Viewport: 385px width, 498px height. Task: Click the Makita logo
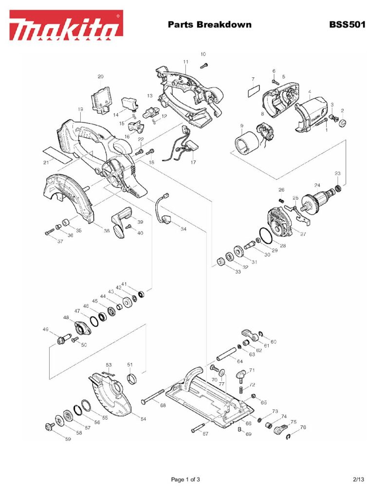coord(66,25)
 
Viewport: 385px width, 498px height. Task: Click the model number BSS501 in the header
coord(347,24)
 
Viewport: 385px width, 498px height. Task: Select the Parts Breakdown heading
coord(209,24)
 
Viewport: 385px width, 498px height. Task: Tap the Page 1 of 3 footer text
coord(185,480)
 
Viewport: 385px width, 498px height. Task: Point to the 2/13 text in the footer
coord(358,480)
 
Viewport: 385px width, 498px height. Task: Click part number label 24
coord(317,185)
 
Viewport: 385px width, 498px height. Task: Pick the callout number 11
coord(185,62)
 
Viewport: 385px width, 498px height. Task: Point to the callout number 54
coord(143,419)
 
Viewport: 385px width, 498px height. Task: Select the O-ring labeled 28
coord(265,236)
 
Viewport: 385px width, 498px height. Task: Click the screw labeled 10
coord(204,64)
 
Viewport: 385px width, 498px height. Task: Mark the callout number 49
coord(46,329)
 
